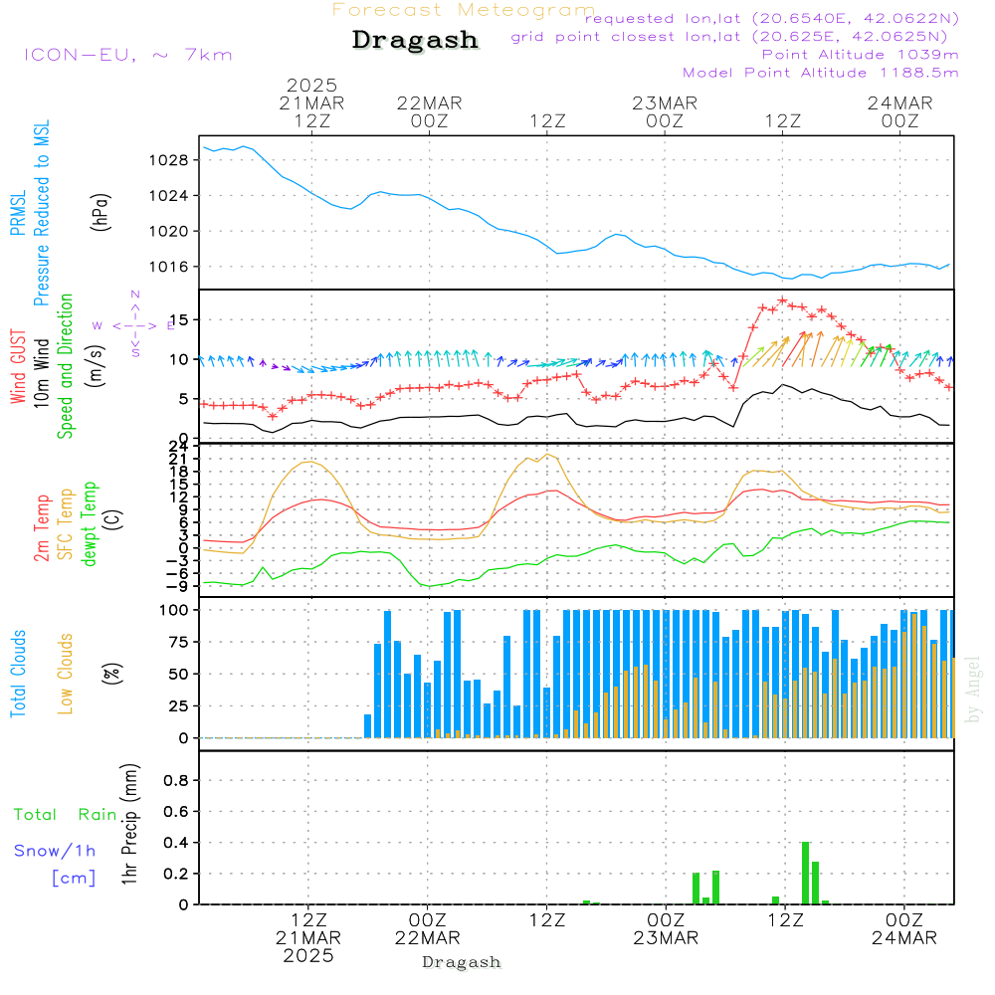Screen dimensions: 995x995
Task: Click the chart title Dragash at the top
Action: [x=415, y=41]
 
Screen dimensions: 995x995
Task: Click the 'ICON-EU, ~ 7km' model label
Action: [x=127, y=55]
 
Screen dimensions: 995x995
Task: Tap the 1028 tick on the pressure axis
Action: [x=173, y=159]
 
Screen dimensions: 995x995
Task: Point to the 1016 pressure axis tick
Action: [x=173, y=267]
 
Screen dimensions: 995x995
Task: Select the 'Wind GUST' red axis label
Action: [x=18, y=369]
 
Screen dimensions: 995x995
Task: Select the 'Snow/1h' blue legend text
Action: [x=55, y=851]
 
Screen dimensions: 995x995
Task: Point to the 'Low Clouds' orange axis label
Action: [x=66, y=673]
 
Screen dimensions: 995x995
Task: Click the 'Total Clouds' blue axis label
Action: [x=18, y=674]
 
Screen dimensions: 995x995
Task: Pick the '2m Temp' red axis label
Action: [x=42, y=527]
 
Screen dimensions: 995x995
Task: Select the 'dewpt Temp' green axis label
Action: [x=90, y=525]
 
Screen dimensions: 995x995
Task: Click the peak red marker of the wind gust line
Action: [x=783, y=299]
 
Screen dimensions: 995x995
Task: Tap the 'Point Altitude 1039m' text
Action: [x=860, y=55]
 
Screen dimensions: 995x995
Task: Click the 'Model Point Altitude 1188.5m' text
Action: [x=820, y=73]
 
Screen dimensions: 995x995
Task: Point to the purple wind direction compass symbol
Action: [x=135, y=324]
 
